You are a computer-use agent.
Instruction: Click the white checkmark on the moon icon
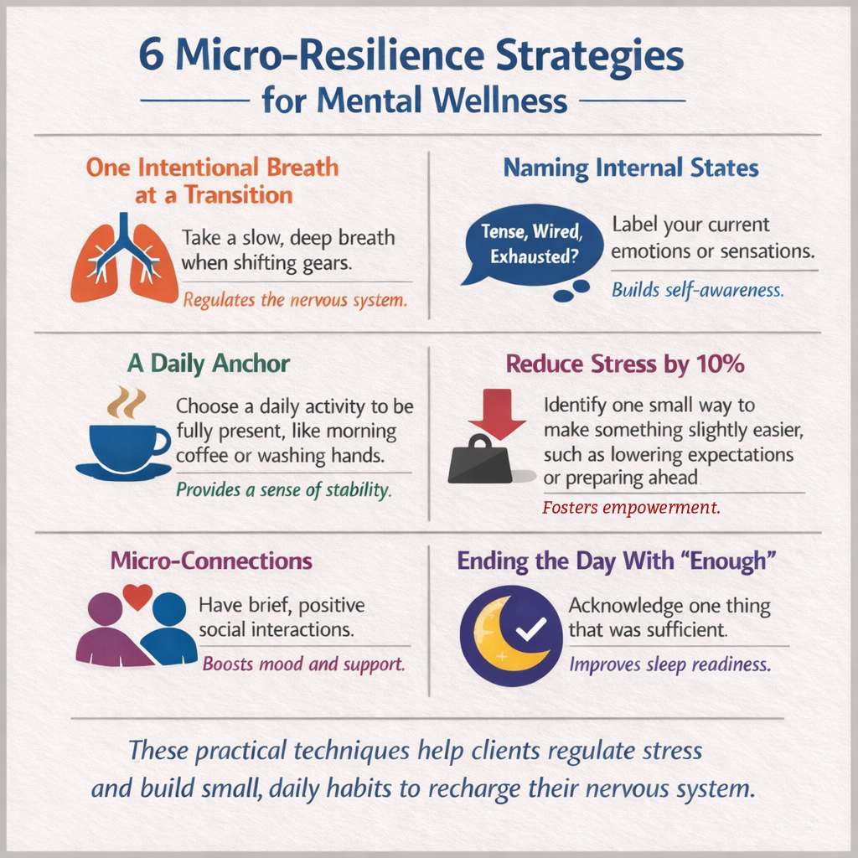530,628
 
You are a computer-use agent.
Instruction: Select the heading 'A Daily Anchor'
209,364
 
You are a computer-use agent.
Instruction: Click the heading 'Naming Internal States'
630,168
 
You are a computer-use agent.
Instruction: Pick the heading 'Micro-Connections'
211,561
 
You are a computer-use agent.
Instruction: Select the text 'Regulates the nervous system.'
294,299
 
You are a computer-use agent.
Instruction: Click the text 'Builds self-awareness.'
697,291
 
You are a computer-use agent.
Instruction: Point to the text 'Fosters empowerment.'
630,507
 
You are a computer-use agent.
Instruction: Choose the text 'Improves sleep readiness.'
670,664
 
